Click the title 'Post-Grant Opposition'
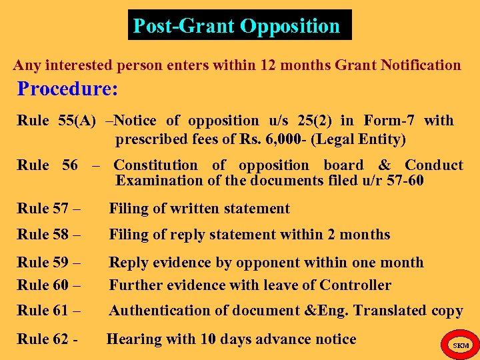tap(237, 26)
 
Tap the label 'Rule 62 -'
tap(47, 339)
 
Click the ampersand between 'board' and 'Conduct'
tap(384, 165)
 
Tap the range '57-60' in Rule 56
tap(405, 181)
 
